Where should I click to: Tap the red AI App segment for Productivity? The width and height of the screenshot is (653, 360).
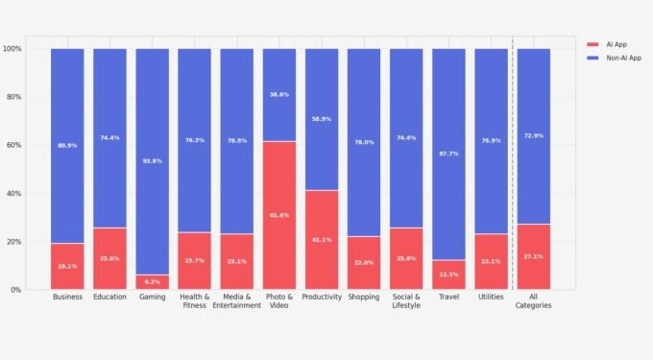(x=321, y=239)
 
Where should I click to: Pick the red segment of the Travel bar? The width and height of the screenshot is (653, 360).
(x=448, y=275)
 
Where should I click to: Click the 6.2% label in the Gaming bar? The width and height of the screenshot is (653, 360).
(x=152, y=281)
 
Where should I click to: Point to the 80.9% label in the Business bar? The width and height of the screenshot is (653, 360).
(x=67, y=145)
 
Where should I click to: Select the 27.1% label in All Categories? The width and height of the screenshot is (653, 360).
(x=533, y=256)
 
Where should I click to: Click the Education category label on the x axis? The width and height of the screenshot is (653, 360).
(x=109, y=298)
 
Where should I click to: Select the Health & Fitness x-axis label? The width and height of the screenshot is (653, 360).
(x=194, y=301)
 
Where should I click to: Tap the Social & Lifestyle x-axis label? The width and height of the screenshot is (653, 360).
(x=406, y=301)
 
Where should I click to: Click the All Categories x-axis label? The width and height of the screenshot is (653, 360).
(x=533, y=301)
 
